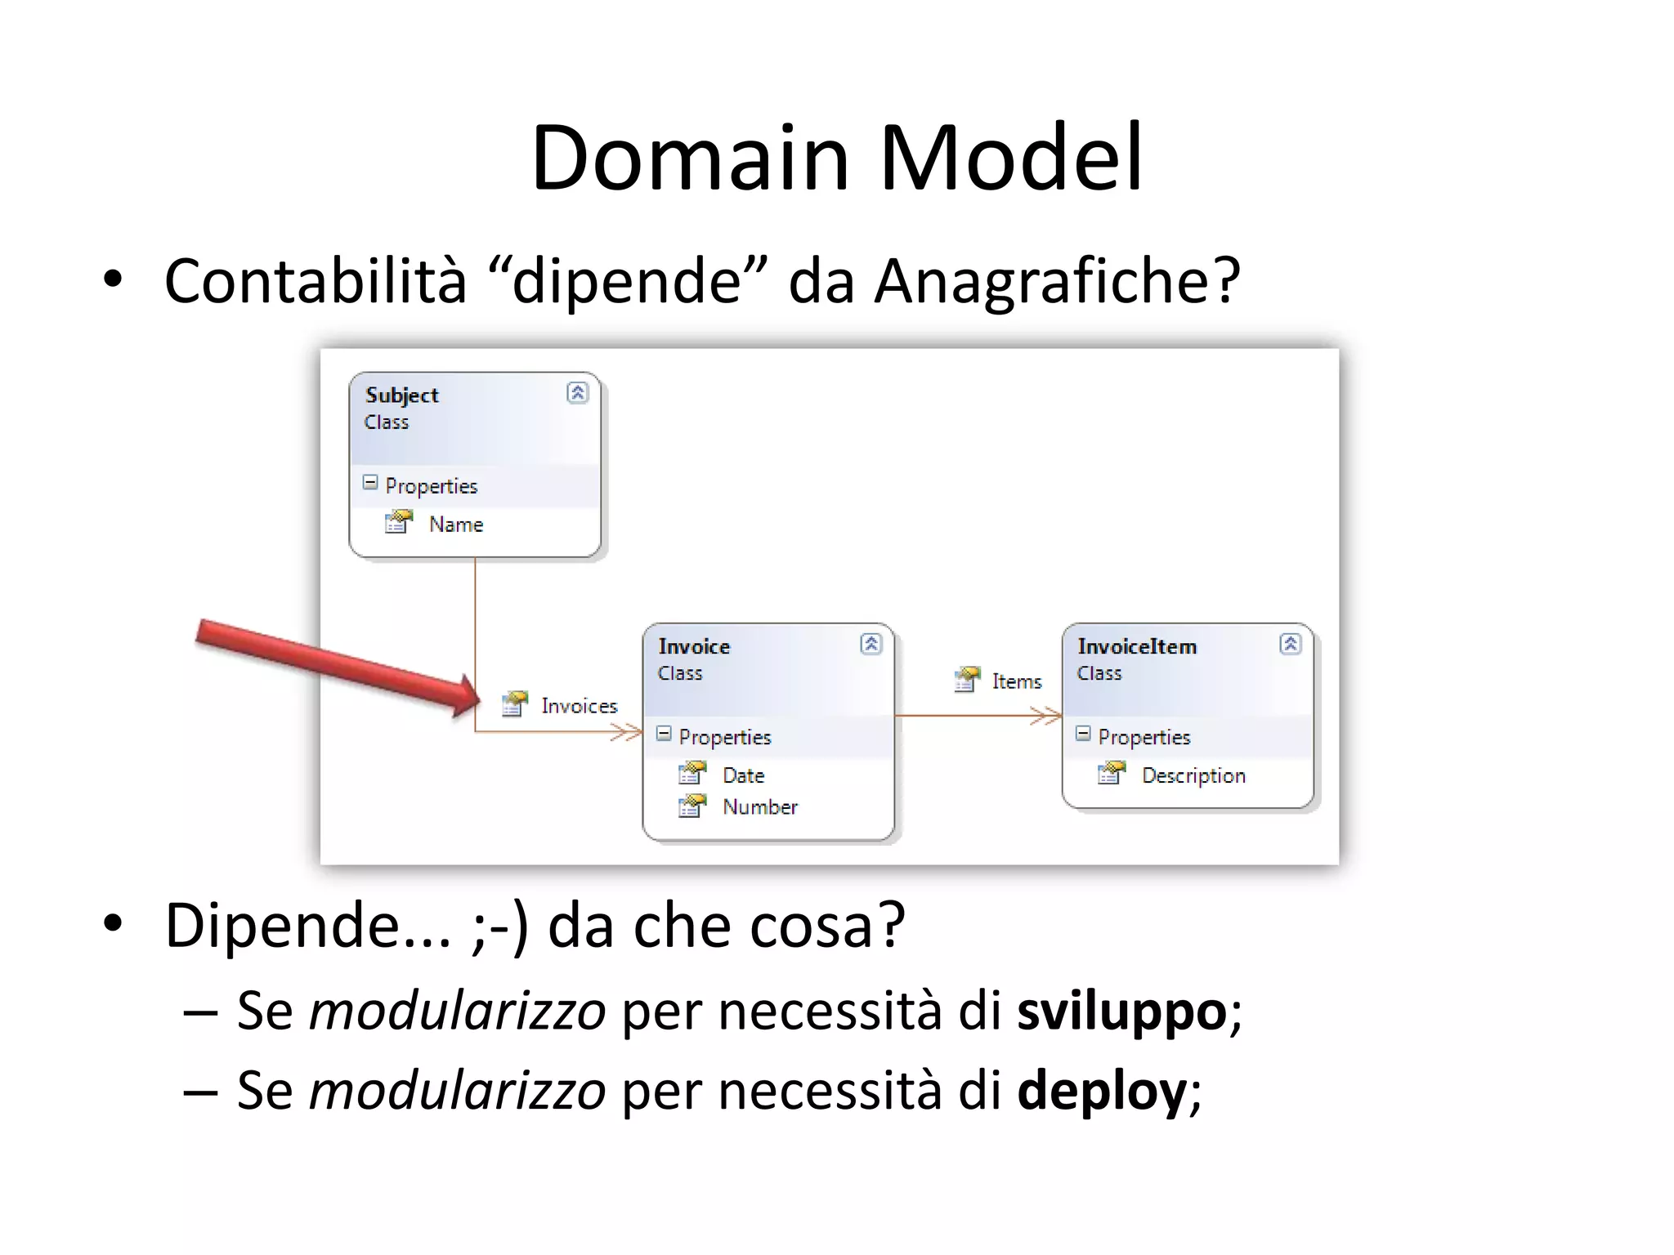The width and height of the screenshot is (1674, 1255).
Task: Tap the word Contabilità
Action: tap(315, 280)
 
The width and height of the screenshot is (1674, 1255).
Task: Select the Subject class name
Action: tap(401, 395)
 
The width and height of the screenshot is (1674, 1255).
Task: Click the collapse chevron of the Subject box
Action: tap(577, 393)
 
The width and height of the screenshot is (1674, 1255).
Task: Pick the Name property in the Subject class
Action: tap(455, 525)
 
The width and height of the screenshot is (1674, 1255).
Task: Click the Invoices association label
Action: tap(578, 706)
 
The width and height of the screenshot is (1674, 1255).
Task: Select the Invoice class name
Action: tap(694, 646)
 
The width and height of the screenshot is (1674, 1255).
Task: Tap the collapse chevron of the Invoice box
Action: tap(871, 644)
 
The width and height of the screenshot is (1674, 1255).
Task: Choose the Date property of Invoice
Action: tap(743, 775)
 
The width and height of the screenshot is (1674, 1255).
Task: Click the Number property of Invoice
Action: tap(759, 807)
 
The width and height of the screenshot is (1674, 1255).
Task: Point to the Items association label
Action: tap(1016, 681)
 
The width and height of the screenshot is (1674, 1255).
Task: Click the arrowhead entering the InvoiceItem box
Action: tap(1050, 717)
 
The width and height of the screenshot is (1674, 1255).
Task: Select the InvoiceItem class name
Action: tap(1136, 646)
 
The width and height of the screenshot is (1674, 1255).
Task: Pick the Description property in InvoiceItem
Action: tap(1193, 775)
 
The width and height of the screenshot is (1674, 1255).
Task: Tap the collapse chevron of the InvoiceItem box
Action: tap(1290, 644)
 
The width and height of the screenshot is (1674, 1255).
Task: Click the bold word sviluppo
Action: tap(1121, 1012)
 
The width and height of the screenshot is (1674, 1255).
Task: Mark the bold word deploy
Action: tap(1101, 1091)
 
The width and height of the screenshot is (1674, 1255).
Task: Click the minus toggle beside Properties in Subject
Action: tap(370, 483)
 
